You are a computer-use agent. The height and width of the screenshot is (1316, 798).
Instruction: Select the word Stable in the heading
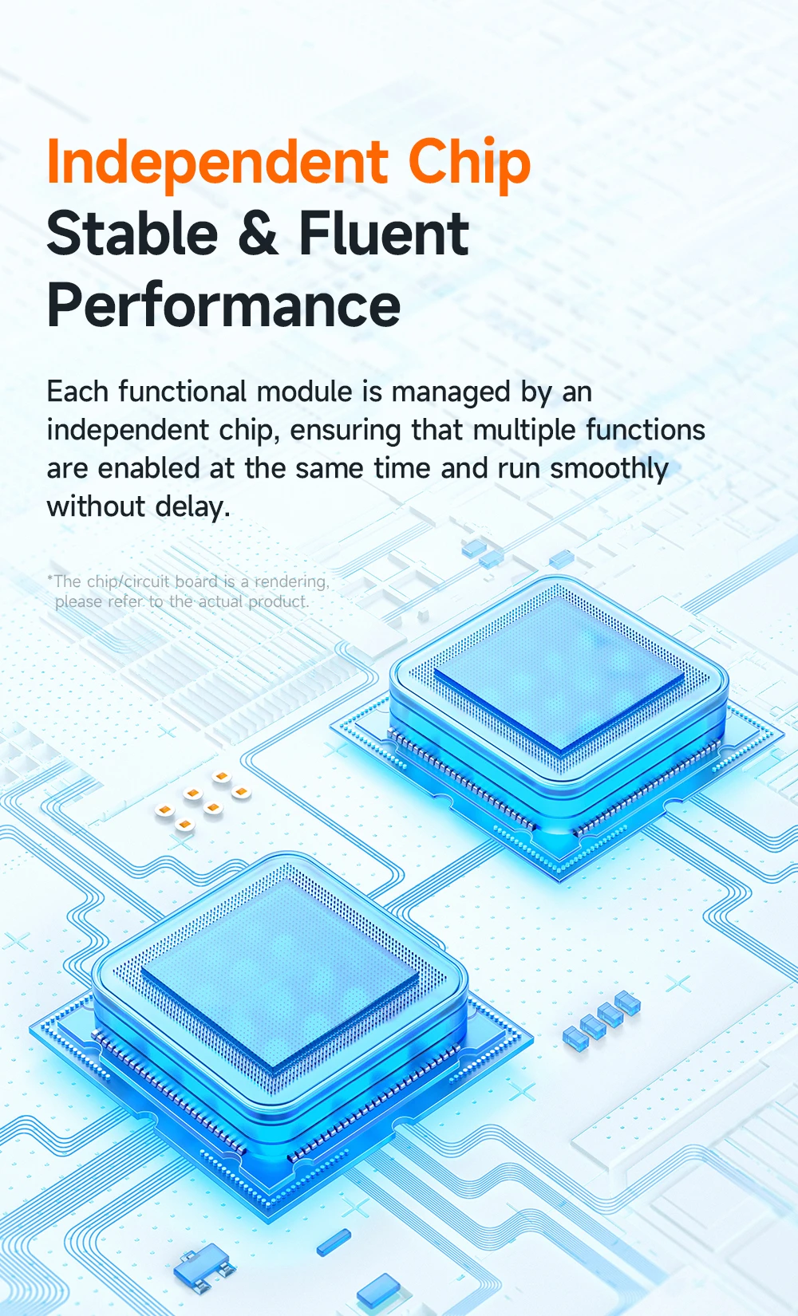pyautogui.click(x=132, y=234)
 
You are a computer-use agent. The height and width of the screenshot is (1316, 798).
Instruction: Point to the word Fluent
pyautogui.click(x=384, y=234)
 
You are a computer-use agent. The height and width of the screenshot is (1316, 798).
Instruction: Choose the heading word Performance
pyautogui.click(x=223, y=306)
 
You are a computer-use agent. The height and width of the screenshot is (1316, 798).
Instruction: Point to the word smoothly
pyautogui.click(x=609, y=469)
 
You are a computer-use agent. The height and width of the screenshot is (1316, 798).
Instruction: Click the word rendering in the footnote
pyautogui.click(x=291, y=581)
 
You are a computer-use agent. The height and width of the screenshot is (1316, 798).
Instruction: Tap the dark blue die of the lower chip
pyautogui.click(x=279, y=969)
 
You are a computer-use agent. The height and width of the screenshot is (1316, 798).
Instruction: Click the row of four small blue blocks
pyautogui.click(x=602, y=1019)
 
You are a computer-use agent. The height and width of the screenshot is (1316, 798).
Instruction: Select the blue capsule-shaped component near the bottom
pyautogui.click(x=334, y=1242)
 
